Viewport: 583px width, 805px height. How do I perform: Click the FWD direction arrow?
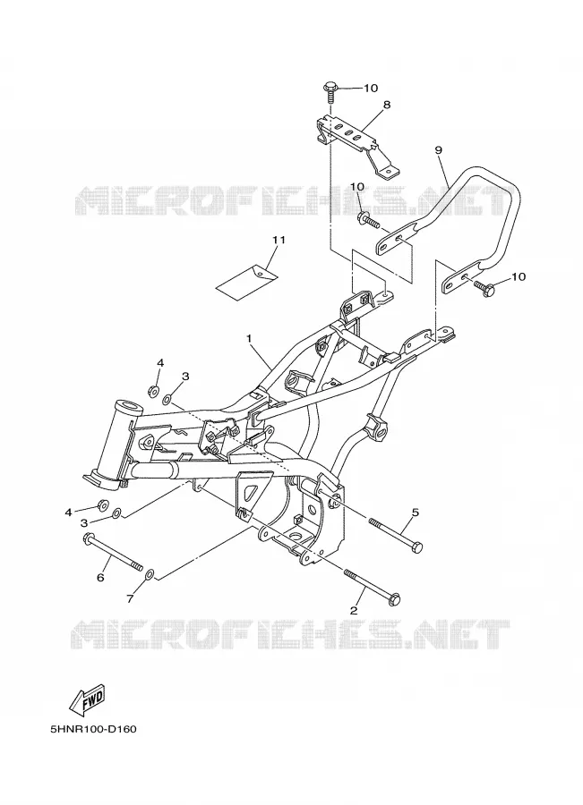coord(88,699)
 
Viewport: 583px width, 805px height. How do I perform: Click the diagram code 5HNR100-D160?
coord(94,729)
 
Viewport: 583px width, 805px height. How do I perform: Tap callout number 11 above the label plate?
coord(279,240)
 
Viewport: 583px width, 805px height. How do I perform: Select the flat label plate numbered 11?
coord(247,280)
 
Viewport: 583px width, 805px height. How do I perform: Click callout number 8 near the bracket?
coord(387,105)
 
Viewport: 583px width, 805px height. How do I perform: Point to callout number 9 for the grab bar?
coord(438,150)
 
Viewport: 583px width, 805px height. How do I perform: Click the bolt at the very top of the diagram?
coord(330,93)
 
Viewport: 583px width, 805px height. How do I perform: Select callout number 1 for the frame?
coord(249,339)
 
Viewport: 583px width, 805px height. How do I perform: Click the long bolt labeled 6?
coord(112,552)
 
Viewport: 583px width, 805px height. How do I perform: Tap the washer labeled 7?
coord(149,573)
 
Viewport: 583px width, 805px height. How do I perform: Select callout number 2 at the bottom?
coord(353,610)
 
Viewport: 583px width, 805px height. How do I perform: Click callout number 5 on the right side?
coord(416,512)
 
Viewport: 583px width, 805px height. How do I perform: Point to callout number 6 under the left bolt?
coord(101,578)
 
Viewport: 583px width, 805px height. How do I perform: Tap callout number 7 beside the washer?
coord(130,598)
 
